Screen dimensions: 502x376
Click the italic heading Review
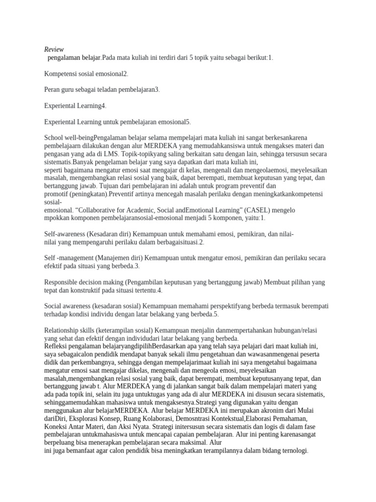pos(54,50)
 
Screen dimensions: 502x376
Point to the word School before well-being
pos(54,138)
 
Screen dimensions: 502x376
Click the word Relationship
pos(64,330)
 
